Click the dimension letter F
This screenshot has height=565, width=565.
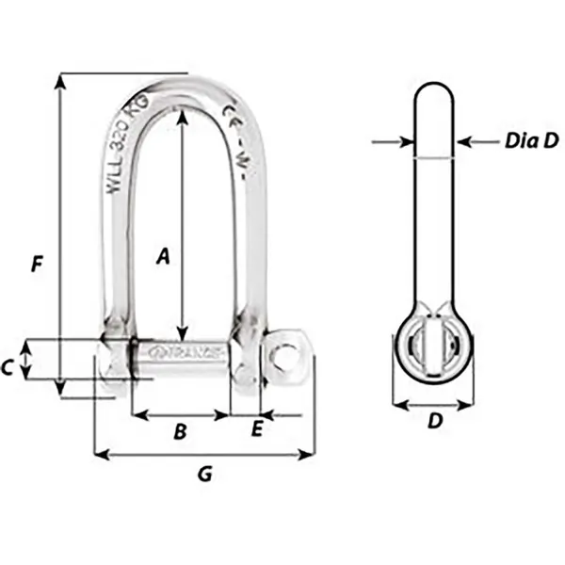[36, 265]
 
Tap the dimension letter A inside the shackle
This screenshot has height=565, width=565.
[162, 255]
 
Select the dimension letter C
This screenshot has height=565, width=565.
[7, 368]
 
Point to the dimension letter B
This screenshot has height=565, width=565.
[181, 432]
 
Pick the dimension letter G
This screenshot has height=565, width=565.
[204, 475]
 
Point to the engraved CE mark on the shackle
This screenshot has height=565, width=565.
[230, 122]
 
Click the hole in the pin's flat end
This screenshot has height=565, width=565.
[283, 353]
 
